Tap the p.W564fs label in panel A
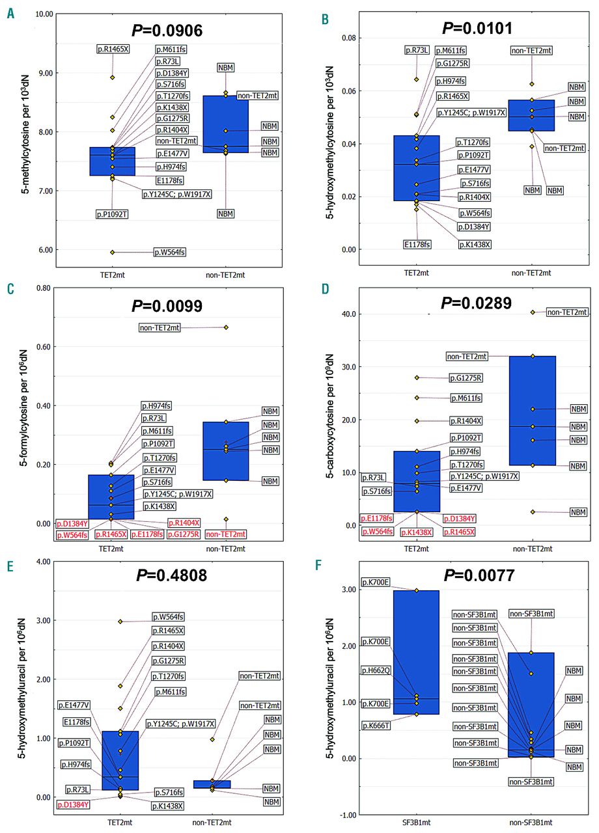tap(169, 253)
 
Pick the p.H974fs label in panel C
tap(156, 406)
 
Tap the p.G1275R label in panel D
tap(466, 377)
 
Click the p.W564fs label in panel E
tap(168, 617)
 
